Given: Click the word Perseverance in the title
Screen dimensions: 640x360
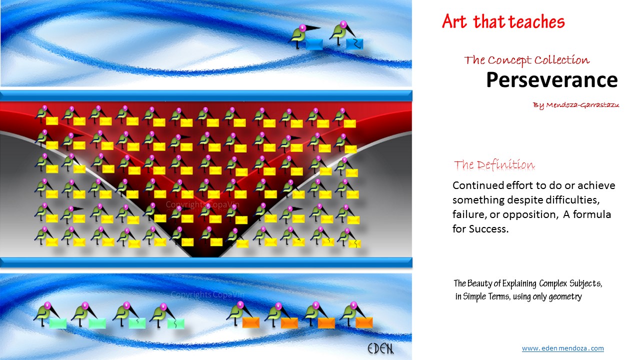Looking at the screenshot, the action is point(551,79).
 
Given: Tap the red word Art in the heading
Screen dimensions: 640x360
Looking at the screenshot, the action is point(454,21).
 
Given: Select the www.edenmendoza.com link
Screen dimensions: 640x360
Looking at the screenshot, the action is point(562,348).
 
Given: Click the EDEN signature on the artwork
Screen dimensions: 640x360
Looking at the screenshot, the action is point(380,348).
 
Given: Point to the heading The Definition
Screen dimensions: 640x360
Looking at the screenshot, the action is point(494,165).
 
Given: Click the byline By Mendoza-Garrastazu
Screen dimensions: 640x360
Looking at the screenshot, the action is point(576,105).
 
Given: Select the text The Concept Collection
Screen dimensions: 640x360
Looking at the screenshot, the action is point(526,60).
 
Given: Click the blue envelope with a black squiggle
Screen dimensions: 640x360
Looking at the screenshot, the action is point(354,44).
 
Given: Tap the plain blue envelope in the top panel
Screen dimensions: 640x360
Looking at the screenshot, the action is point(314,44).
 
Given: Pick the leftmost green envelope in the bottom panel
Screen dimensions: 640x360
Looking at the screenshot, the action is point(58,323).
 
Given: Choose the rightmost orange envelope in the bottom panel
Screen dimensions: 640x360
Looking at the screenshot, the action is point(364,322).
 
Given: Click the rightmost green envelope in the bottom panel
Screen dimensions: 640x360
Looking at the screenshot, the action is point(175,323).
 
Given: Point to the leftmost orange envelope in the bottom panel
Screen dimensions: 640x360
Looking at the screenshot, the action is point(251,322).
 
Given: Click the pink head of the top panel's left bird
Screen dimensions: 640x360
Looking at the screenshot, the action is point(302,27).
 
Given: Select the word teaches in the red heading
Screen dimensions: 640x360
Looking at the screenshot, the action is point(537,21).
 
